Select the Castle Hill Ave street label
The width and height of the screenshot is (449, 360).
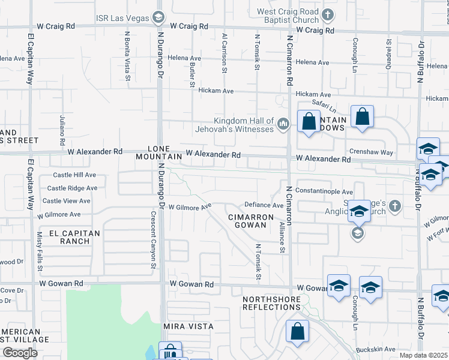coord(74,175)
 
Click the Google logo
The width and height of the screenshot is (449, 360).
coord(20,353)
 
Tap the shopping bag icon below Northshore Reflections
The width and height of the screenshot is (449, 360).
coord(297,332)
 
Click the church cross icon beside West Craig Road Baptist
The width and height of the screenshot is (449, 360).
coord(327,14)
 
